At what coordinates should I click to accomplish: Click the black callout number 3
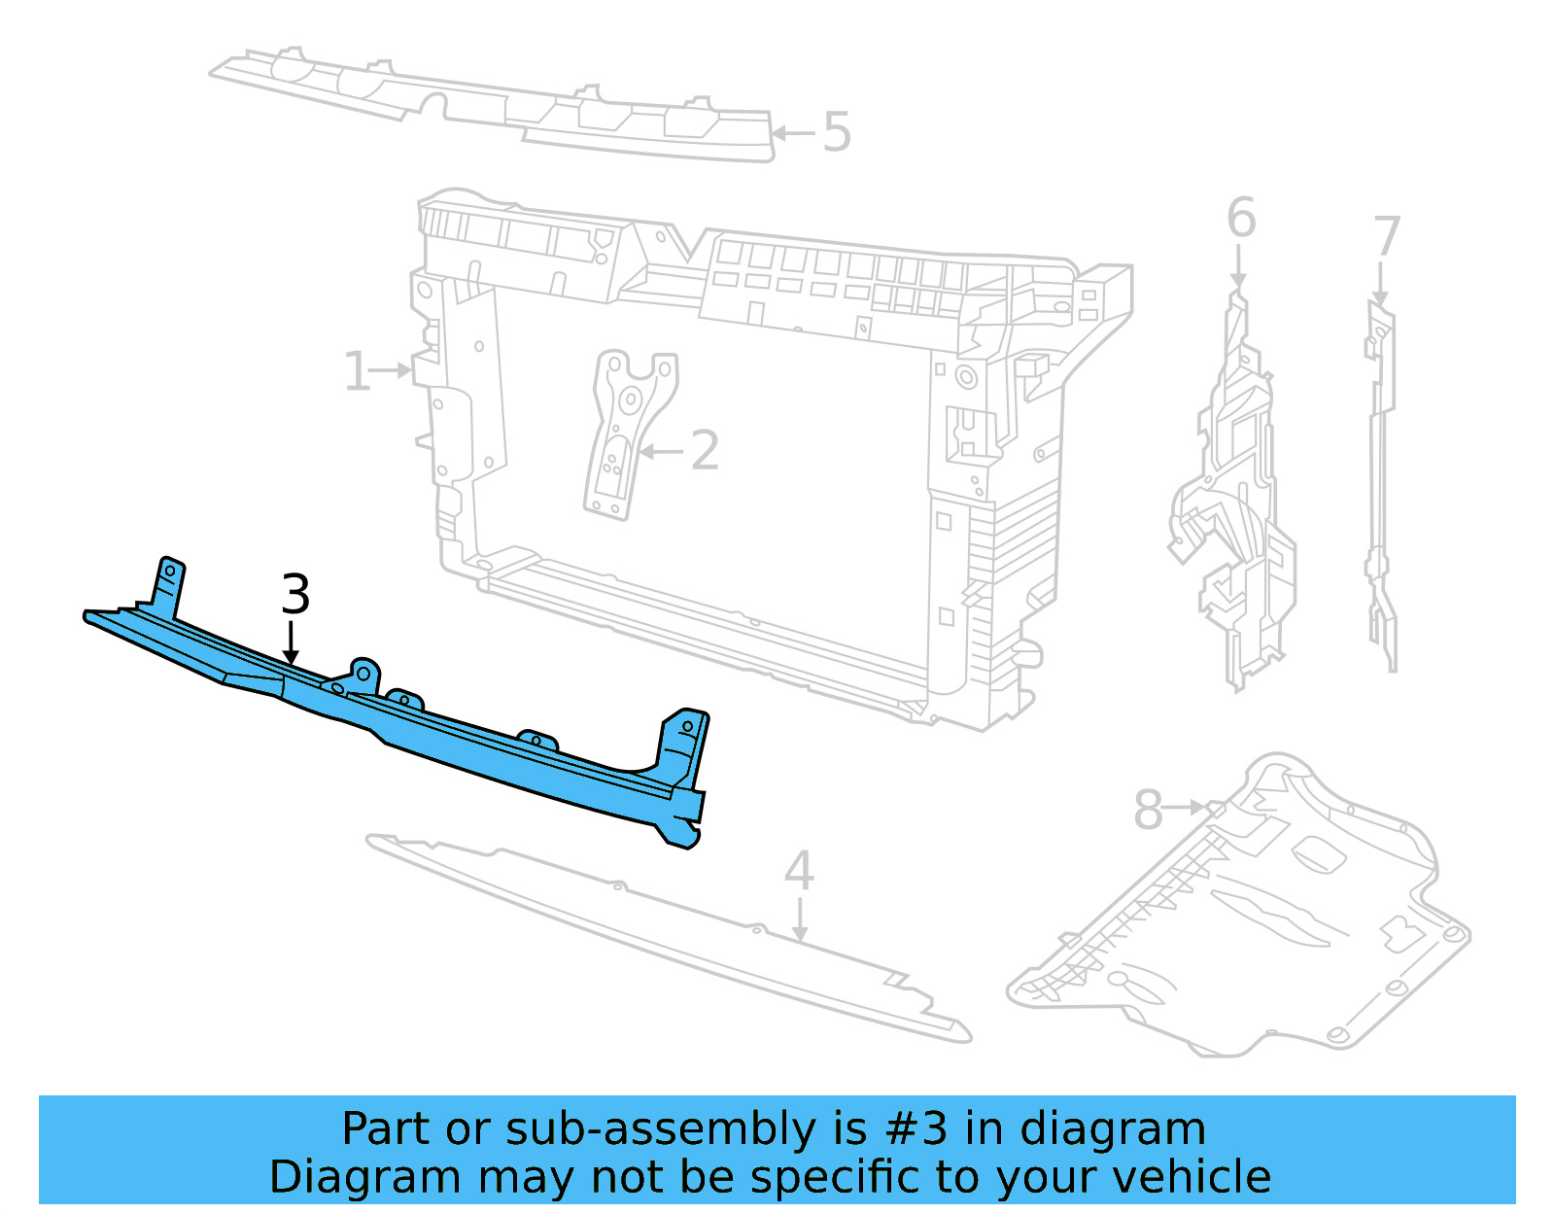click(x=295, y=595)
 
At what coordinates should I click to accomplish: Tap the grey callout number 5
click(x=837, y=132)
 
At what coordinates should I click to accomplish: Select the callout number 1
click(x=357, y=372)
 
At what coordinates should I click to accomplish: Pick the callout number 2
click(x=705, y=451)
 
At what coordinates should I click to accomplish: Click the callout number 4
click(x=799, y=871)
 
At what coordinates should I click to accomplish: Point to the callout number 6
click(x=1241, y=218)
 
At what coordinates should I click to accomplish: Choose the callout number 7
click(x=1387, y=237)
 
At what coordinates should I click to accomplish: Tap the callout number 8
click(x=1148, y=810)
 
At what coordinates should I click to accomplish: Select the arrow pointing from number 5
click(x=793, y=133)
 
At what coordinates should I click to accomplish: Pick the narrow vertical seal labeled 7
click(x=1380, y=486)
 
